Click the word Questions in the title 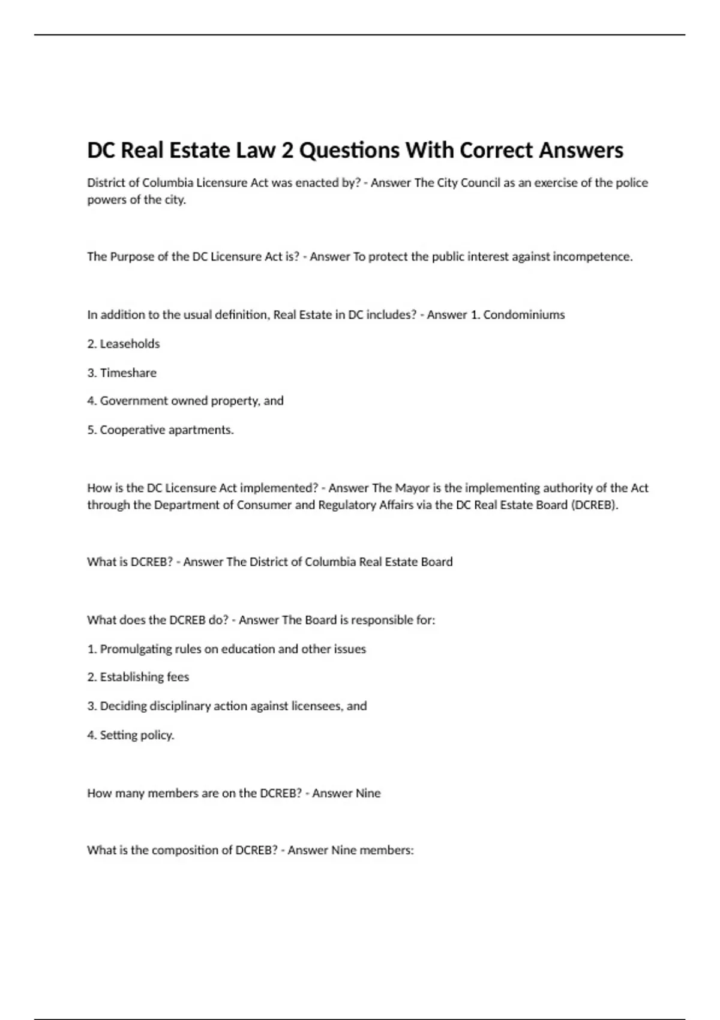pyautogui.click(x=349, y=150)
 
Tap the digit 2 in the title pyautogui.click(x=287, y=150)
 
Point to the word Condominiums pyautogui.click(x=524, y=315)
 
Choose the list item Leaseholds pyautogui.click(x=130, y=344)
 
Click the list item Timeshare pyautogui.click(x=128, y=373)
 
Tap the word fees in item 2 pyautogui.click(x=178, y=677)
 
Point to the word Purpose pyautogui.click(x=131, y=257)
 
